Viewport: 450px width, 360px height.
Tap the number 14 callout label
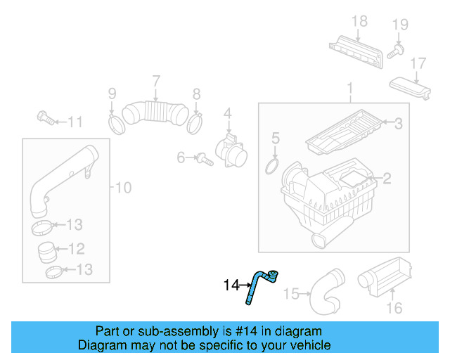pyautogui.click(x=231, y=285)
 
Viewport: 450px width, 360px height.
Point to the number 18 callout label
pyautogui.click(x=359, y=22)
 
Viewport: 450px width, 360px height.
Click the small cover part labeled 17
pyautogui.click(x=411, y=90)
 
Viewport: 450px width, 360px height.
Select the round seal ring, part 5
pyautogui.click(x=271, y=166)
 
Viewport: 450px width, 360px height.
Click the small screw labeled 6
pyautogui.click(x=202, y=159)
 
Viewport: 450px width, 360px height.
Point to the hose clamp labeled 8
pyautogui.click(x=196, y=122)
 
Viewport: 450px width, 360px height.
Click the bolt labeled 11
pyautogui.click(x=45, y=118)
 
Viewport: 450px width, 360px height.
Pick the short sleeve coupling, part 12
pyautogui.click(x=48, y=249)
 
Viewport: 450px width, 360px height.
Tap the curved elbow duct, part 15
pyautogui.click(x=326, y=292)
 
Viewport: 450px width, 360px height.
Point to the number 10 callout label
pyautogui.click(x=123, y=188)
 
